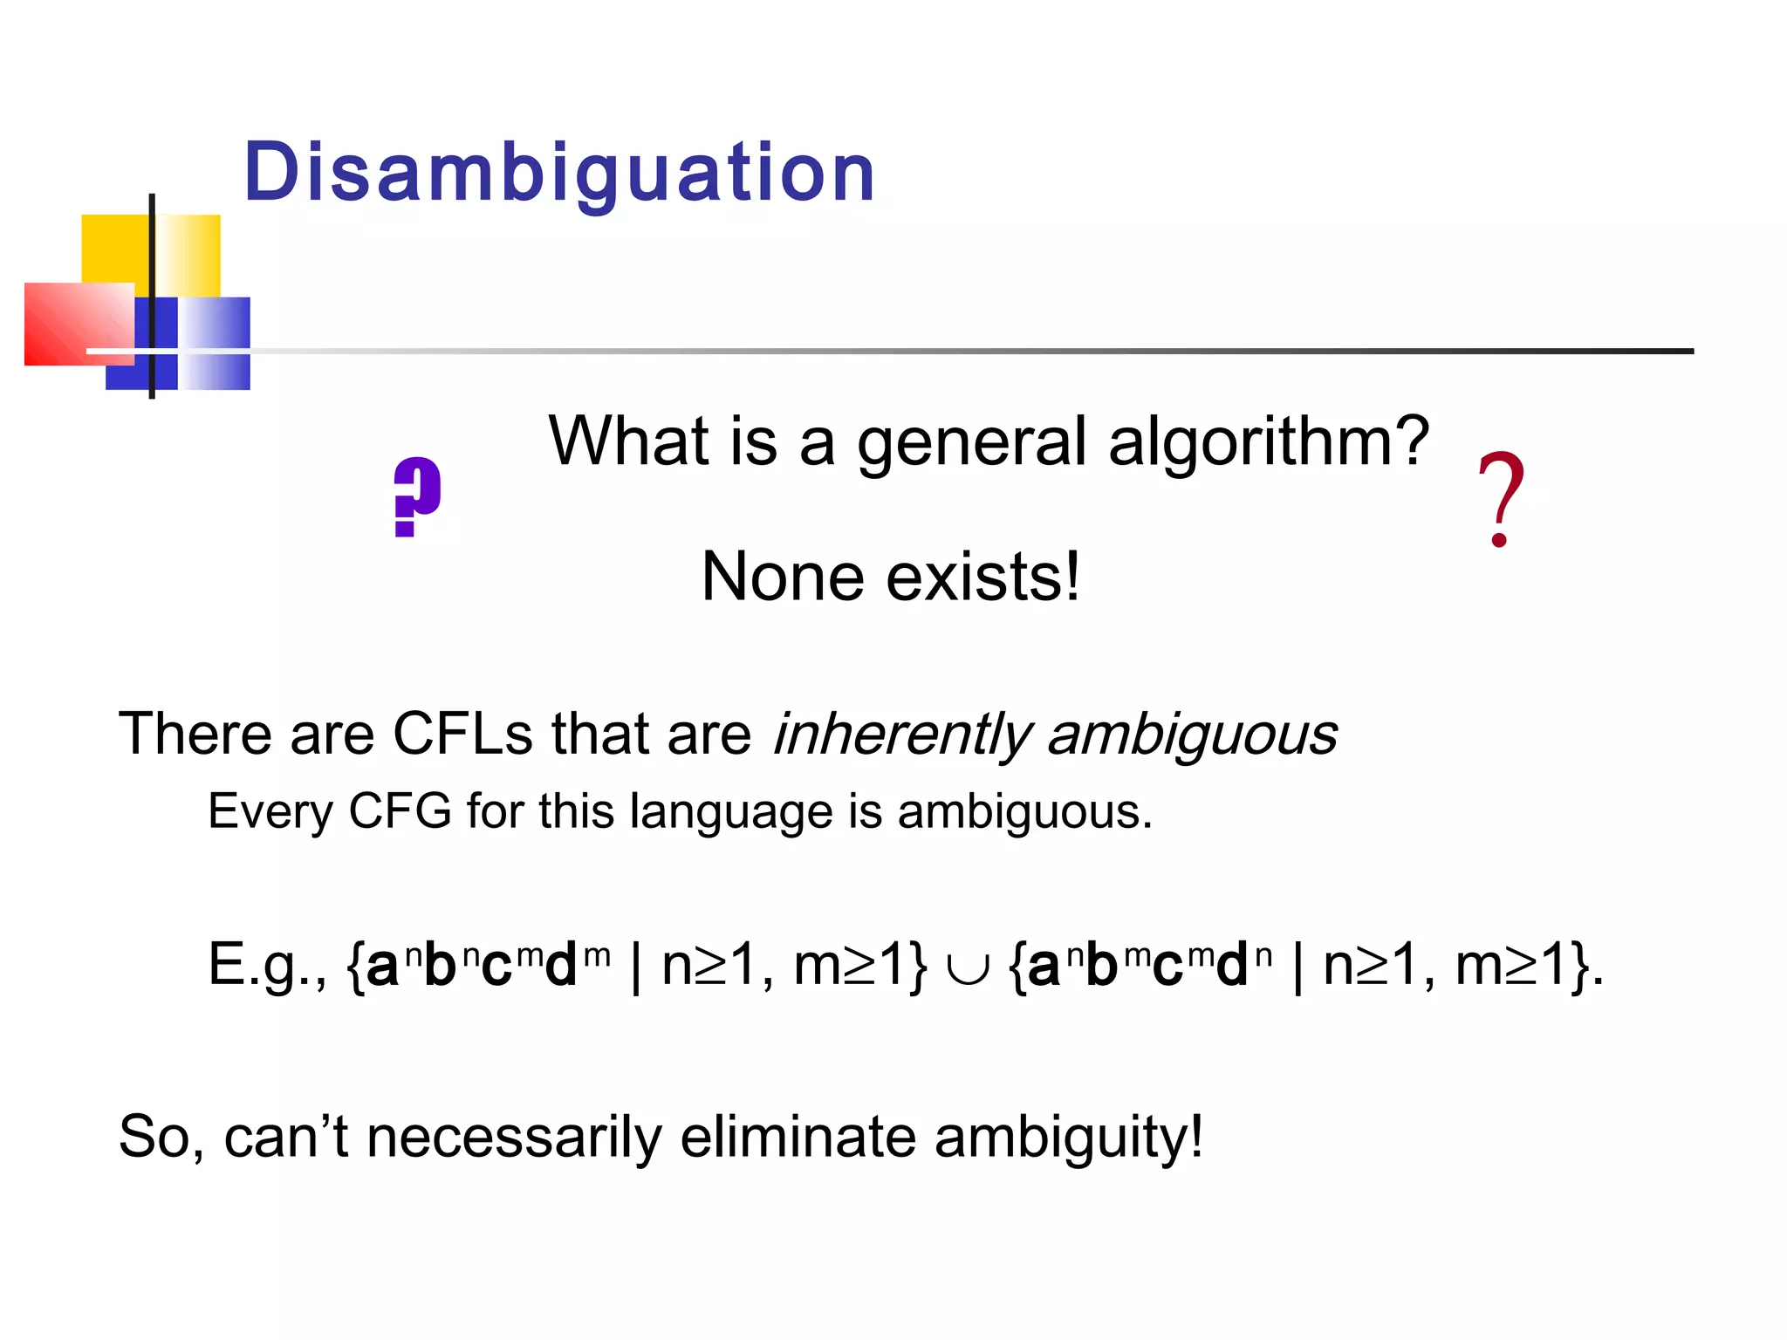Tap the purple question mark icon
417,496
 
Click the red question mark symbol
1501,499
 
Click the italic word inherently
902,735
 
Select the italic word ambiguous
1192,735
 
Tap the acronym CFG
400,811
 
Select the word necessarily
514,1138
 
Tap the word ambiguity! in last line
1068,1138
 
